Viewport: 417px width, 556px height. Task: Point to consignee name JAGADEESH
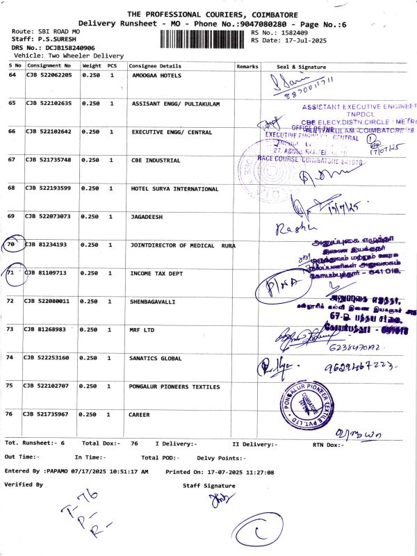click(x=147, y=217)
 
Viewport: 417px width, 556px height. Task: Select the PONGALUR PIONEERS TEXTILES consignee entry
click(x=175, y=386)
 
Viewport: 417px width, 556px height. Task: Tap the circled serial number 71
click(x=11, y=274)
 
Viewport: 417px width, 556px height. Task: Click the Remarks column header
click(x=247, y=65)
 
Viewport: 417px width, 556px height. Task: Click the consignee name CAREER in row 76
click(x=139, y=414)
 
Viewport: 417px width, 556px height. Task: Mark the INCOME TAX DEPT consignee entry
click(x=156, y=273)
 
